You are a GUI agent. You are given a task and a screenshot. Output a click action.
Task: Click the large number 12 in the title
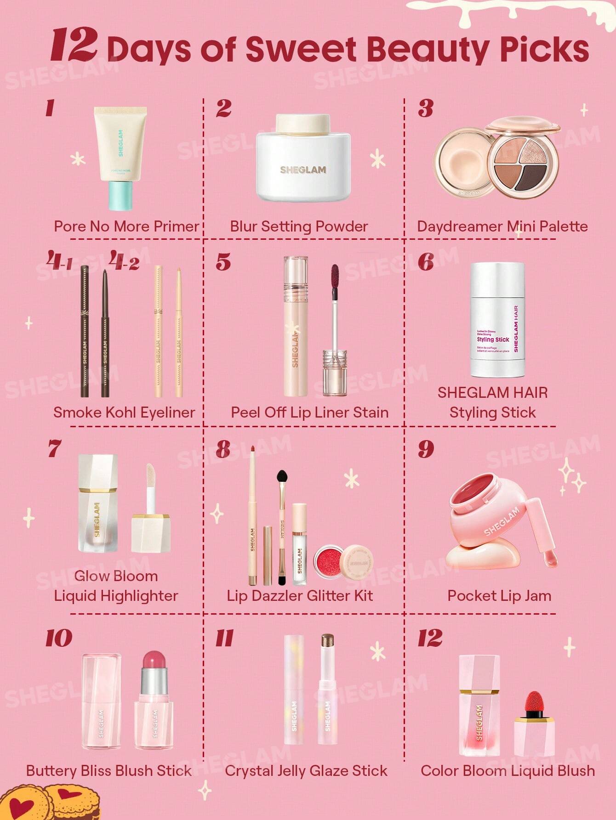point(74,45)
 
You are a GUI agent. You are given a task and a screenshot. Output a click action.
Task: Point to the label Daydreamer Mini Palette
point(502,226)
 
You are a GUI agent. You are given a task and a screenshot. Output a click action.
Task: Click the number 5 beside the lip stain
point(223,262)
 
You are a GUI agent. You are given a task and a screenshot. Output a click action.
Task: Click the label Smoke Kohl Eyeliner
point(124,412)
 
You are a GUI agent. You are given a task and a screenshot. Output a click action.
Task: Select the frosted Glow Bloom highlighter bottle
point(97,503)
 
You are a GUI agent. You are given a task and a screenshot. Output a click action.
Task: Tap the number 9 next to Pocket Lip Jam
point(426,448)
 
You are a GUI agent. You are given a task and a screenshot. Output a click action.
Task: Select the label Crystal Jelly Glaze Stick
point(306,770)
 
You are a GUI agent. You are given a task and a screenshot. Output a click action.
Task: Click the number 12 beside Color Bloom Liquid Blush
point(430,638)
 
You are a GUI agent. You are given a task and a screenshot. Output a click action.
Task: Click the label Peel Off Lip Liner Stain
point(309,412)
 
